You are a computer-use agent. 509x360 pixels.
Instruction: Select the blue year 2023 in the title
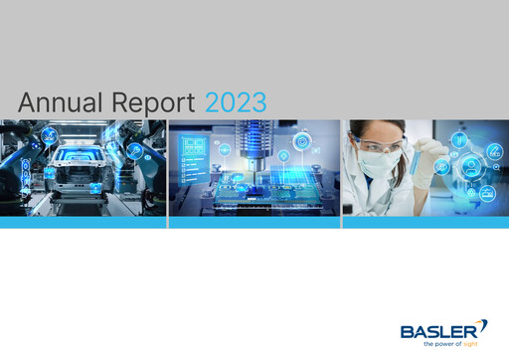236,102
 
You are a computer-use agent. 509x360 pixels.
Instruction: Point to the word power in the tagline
453,344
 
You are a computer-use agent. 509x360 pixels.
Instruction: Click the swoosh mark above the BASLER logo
484,324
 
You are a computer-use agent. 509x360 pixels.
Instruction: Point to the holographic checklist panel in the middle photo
191,159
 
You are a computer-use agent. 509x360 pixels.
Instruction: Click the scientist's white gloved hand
423,179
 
